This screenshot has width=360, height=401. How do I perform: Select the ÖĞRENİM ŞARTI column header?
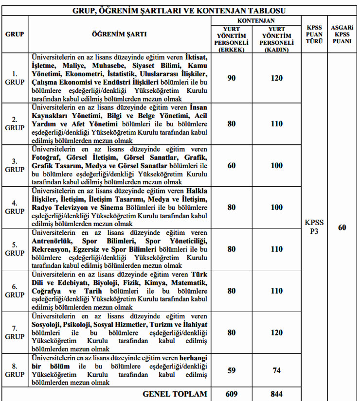click(x=119, y=35)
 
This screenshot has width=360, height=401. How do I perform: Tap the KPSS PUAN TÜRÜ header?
click(x=314, y=35)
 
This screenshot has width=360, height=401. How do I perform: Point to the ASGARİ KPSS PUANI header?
click(x=342, y=35)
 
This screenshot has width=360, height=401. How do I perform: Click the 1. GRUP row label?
click(x=15, y=78)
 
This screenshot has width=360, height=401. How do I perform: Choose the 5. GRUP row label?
click(x=15, y=249)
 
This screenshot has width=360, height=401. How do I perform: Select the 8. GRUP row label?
click(x=15, y=370)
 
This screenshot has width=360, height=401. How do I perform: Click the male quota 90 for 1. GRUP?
click(x=232, y=78)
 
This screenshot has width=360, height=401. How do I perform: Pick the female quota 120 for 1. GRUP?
click(x=276, y=78)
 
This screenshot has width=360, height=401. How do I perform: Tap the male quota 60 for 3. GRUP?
click(x=232, y=165)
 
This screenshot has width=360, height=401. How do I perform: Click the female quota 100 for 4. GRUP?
click(x=276, y=207)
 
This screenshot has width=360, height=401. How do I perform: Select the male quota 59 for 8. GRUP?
click(x=232, y=370)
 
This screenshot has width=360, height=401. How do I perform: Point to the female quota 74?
click(x=276, y=370)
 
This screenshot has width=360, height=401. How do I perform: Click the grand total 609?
click(x=232, y=394)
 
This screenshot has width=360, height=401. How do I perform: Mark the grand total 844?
click(x=276, y=394)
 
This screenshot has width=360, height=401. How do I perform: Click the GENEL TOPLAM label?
click(x=174, y=394)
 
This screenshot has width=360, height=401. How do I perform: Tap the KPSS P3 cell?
click(x=314, y=227)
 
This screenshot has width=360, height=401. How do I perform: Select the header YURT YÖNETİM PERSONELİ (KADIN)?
click(x=276, y=39)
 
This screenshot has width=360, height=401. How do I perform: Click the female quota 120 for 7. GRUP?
click(x=276, y=332)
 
